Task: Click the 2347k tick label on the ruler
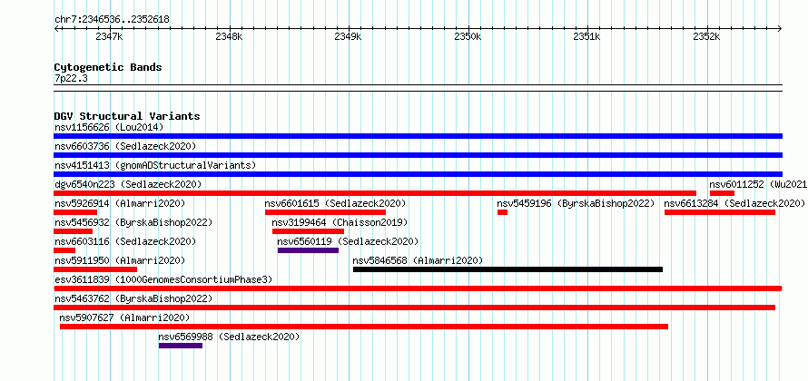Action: tap(109, 36)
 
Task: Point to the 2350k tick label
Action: tap(468, 36)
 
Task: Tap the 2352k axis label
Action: tap(706, 36)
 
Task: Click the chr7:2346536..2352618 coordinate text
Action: tap(112, 20)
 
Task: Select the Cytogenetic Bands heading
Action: tap(108, 67)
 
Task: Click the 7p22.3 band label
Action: tap(70, 78)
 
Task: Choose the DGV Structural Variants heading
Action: tap(127, 116)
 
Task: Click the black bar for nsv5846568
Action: tap(507, 269)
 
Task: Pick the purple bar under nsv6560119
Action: tap(308, 250)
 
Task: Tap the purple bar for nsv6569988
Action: tap(181, 346)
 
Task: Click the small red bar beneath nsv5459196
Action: tap(502, 212)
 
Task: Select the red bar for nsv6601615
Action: tap(325, 212)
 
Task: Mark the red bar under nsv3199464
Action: tap(308, 231)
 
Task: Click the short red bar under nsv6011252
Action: tap(722, 193)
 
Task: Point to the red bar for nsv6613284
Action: tap(720, 212)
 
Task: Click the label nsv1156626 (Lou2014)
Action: tap(109, 127)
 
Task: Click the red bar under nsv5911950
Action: tap(95, 269)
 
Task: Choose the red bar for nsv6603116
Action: tap(64, 250)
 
